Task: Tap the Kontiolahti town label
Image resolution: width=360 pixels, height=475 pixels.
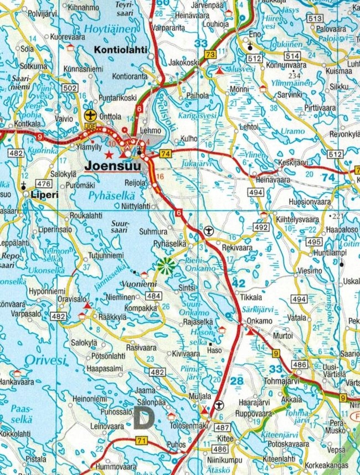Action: coord(121,50)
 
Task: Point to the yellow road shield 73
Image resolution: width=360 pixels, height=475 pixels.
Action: coord(210,54)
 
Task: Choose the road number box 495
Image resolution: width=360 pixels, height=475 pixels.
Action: coord(313,242)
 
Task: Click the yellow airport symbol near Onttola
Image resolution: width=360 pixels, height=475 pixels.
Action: coord(90,115)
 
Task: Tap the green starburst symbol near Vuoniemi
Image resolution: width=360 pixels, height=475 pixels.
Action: coord(165,266)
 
